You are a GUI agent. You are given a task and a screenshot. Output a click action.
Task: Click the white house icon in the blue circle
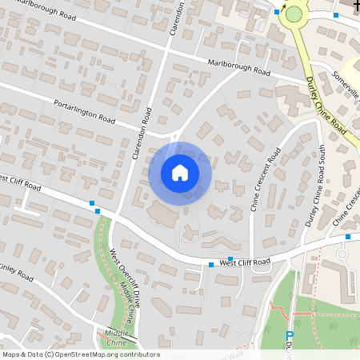pyautogui.click(x=180, y=172)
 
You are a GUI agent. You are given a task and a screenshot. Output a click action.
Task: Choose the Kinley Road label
pyautogui.click(x=16, y=272)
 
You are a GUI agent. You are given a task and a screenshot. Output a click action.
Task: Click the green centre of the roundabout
pyautogui.click(x=294, y=14)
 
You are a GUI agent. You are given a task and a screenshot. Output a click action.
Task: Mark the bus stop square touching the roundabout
pyautogui.click(x=277, y=12)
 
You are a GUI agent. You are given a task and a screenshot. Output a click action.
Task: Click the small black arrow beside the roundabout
pyautogui.click(x=282, y=5)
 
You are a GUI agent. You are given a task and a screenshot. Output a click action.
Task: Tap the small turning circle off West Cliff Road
pyautogui.click(x=342, y=254)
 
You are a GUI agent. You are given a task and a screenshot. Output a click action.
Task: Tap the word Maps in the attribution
pyautogui.click(x=11, y=354)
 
